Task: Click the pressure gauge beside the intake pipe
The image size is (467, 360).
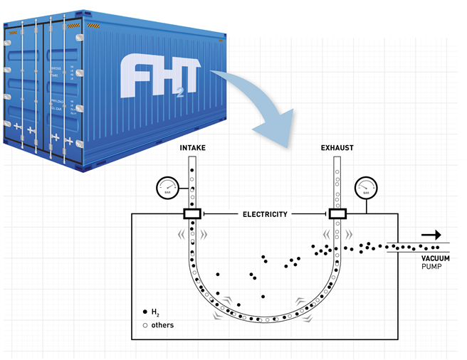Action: (166, 189)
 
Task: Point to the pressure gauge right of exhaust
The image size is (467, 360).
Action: (366, 189)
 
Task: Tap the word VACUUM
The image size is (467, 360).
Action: (434, 258)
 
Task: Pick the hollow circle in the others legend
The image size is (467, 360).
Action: (146, 325)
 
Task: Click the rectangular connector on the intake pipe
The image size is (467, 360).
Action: (191, 214)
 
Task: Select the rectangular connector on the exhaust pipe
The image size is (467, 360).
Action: (336, 214)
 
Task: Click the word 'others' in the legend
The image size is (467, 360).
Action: (163, 325)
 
